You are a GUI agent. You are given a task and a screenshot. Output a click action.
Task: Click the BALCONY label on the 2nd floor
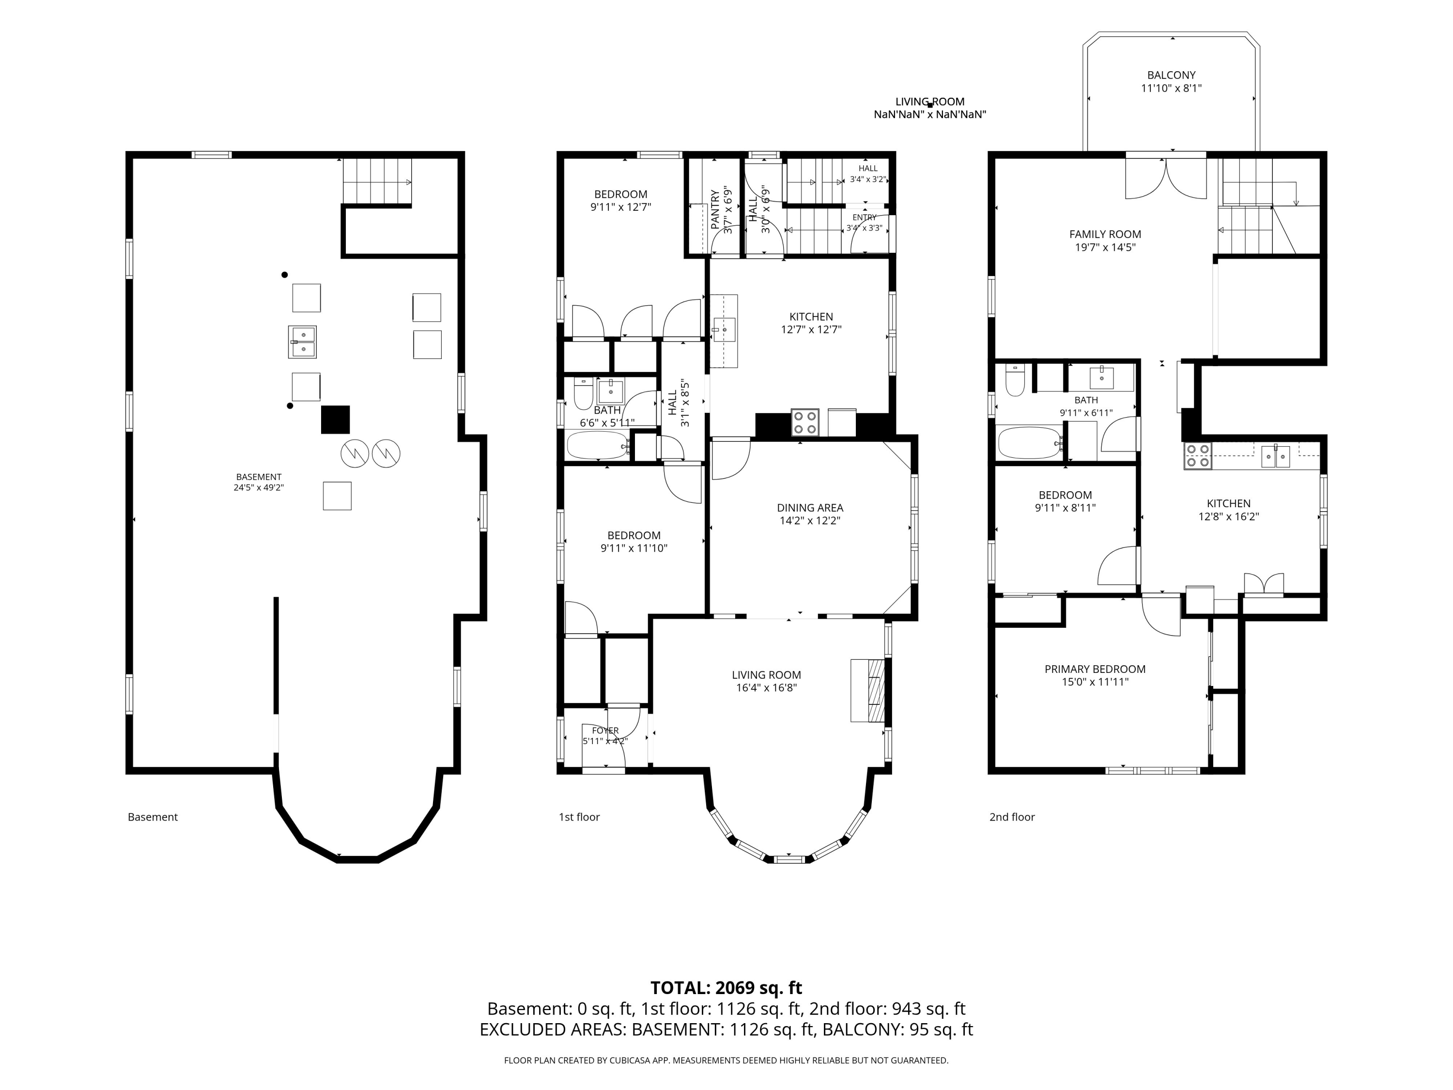(1171, 75)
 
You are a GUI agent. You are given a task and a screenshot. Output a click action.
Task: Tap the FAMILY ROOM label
(1105, 234)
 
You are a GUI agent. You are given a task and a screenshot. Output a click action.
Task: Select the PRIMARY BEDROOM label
(1095, 669)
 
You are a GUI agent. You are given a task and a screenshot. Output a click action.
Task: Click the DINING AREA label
(810, 507)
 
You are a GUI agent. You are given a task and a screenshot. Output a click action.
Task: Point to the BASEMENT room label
(259, 477)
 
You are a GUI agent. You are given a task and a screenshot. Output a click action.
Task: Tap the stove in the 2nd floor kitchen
(1197, 456)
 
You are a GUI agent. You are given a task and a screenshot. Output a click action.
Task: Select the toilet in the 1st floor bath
(583, 393)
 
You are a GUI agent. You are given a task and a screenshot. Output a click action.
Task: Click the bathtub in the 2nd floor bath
(1029, 443)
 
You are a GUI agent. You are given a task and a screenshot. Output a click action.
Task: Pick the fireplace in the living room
(868, 690)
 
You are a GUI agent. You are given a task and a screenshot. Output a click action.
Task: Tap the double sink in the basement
(302, 342)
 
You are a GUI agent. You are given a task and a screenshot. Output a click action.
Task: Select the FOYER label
(605, 731)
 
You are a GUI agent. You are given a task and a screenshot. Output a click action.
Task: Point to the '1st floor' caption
(579, 817)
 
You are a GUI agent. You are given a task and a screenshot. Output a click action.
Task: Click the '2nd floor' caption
(1012, 817)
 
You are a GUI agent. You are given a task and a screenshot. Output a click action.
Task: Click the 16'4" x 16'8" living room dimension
(767, 688)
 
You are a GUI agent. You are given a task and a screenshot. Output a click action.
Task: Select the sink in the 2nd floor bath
(1101, 378)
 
